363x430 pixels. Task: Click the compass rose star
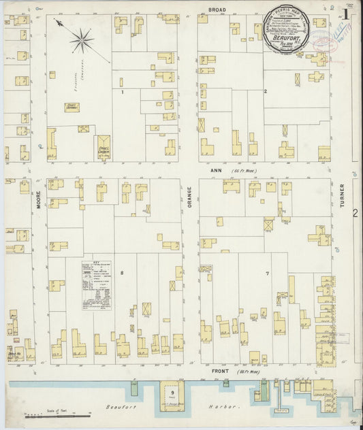81,41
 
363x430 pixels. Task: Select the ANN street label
216,171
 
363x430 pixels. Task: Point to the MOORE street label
40,201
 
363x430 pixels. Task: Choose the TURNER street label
343,197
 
